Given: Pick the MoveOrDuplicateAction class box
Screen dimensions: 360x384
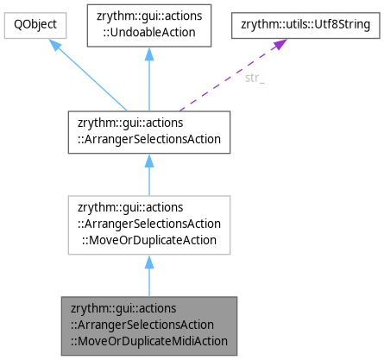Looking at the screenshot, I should [x=148, y=224].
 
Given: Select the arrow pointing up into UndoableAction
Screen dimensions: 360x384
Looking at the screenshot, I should [x=148, y=82].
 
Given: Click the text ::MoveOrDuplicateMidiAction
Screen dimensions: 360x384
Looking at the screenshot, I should [x=148, y=339].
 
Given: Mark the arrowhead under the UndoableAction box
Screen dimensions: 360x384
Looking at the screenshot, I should [x=148, y=54].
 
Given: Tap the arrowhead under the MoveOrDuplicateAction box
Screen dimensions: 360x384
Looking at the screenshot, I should [x=148, y=262].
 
